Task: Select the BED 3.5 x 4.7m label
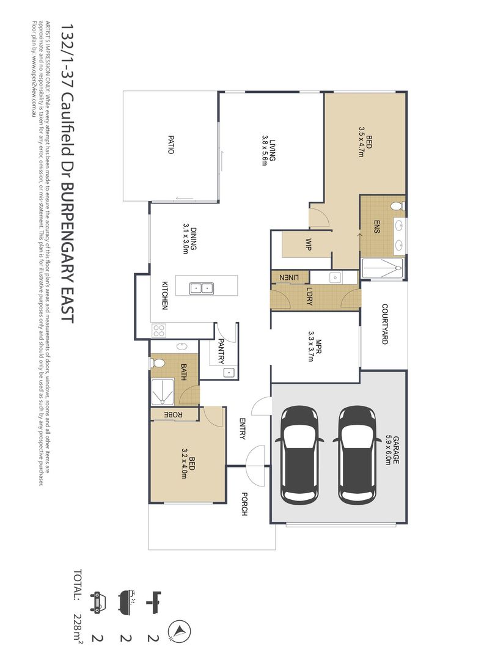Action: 365,141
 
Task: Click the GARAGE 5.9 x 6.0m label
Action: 392,450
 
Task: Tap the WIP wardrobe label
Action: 309,244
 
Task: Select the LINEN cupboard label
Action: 290,277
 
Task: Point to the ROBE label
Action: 174,415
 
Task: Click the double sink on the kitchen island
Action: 200,287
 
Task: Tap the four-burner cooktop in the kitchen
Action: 159,331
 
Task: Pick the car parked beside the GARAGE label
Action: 358,453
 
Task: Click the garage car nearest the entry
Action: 299,453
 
